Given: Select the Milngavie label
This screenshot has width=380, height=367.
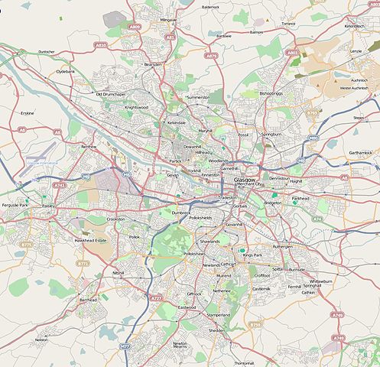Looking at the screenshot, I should [169, 18].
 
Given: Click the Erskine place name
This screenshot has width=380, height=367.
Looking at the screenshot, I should [27, 113].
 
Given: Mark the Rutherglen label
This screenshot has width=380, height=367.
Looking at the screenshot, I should [283, 247].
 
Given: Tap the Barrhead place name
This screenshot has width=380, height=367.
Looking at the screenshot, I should [88, 300].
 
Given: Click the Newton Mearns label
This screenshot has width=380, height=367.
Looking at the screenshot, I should [180, 345].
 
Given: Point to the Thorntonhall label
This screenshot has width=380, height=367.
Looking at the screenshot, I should [245, 362].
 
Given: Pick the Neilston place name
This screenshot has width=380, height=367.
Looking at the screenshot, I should [41, 339].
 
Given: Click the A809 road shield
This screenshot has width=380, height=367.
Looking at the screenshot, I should [135, 27].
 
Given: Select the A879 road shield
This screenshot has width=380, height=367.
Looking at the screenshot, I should [212, 55].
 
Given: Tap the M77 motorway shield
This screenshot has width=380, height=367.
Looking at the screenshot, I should [125, 346].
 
